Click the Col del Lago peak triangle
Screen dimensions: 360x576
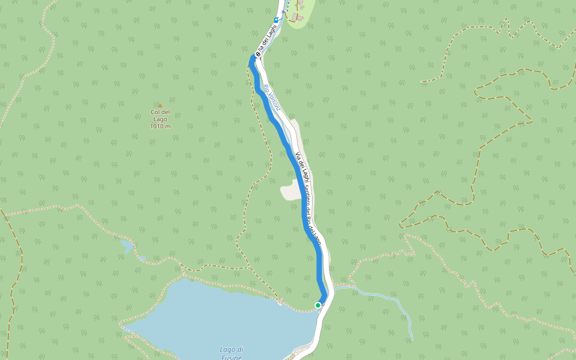160,105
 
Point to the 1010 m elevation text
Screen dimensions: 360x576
160,127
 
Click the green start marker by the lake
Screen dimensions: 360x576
318,305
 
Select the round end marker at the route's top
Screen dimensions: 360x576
257,55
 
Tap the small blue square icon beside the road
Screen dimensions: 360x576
276,20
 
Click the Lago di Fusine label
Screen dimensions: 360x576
231,353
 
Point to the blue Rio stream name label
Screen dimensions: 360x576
271,97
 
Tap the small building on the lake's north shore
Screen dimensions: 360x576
280,301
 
